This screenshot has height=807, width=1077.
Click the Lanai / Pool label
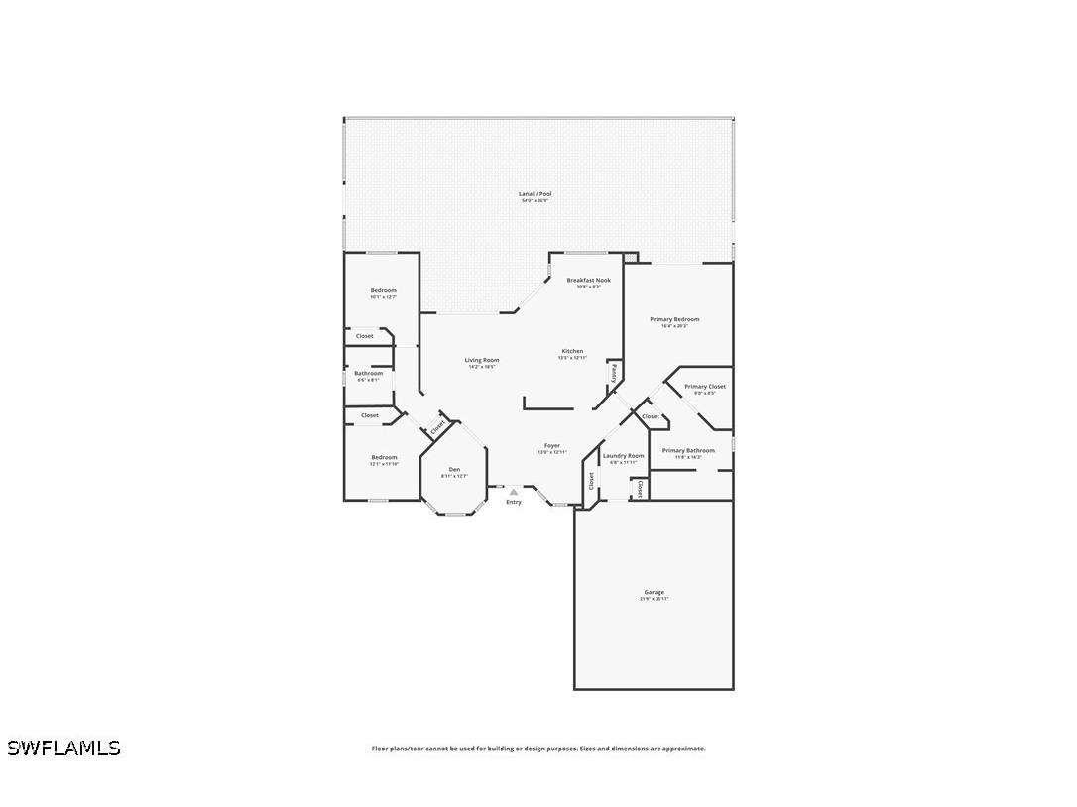click(x=536, y=194)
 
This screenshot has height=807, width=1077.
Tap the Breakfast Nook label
click(x=588, y=281)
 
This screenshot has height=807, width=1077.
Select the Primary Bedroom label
click(x=674, y=320)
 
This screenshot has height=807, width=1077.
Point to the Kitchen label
click(x=572, y=351)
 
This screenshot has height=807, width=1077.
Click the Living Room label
click(x=482, y=360)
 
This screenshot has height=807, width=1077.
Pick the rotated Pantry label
click(x=614, y=373)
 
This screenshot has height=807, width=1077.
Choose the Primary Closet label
click(x=705, y=387)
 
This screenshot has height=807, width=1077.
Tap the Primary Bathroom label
click(x=688, y=451)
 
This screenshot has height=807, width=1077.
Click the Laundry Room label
click(x=623, y=456)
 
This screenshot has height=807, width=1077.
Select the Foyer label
click(x=552, y=446)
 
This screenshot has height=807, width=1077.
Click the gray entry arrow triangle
click(x=513, y=491)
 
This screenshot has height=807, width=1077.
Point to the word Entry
click(x=514, y=502)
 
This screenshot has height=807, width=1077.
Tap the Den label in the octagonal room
click(x=454, y=469)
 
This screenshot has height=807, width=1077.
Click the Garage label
click(x=654, y=593)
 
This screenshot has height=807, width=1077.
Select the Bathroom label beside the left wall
click(x=368, y=373)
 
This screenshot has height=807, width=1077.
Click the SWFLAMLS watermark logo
click(x=63, y=748)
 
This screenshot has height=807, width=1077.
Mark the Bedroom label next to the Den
click(x=384, y=458)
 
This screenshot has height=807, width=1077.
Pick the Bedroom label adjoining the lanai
click(x=383, y=290)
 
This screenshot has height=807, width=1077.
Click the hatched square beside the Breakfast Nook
click(x=631, y=257)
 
